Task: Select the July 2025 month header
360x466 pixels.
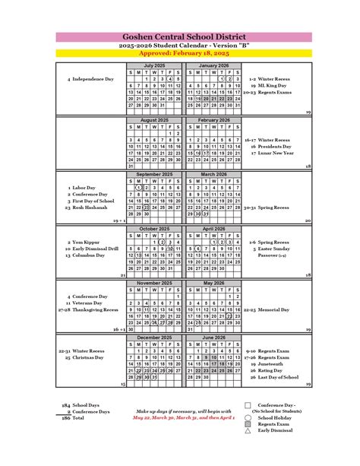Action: point(153,66)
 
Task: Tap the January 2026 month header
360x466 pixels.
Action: point(213,66)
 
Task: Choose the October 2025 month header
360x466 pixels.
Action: point(153,228)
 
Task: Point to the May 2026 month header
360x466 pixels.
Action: point(213,282)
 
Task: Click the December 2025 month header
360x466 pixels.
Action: point(153,337)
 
